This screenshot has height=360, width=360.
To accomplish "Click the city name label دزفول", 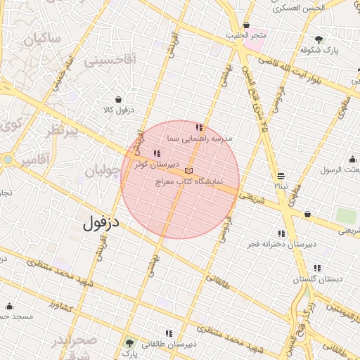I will (102, 224).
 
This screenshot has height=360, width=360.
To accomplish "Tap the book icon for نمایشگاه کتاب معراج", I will (188, 171).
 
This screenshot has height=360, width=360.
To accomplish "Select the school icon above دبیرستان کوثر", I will (156, 153).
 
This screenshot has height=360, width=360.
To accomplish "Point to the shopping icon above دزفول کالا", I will (117, 99).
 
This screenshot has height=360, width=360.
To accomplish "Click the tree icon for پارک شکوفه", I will (319, 39).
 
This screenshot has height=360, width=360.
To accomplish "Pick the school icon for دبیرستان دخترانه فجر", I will (281, 233).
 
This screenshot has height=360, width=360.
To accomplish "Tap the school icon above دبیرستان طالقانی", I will (169, 333).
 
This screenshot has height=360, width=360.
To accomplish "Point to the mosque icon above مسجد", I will (9, 307).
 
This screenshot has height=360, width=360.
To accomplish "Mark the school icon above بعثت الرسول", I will (352, 159).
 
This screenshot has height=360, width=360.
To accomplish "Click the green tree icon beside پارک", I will (129, 344).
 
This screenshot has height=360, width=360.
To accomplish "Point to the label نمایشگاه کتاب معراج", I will (192, 181).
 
